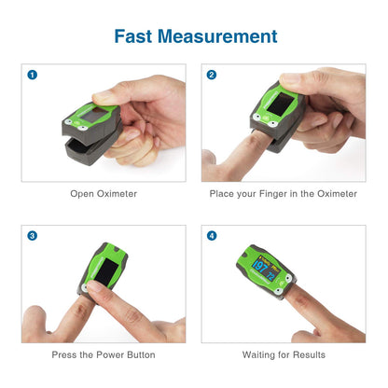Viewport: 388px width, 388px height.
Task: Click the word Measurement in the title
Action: (x=217, y=36)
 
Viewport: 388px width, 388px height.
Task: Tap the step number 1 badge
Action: (x=33, y=75)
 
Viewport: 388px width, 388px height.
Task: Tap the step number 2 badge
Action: (x=212, y=75)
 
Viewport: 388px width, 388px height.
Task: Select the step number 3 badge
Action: (x=33, y=235)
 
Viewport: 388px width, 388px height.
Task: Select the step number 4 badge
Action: (x=212, y=235)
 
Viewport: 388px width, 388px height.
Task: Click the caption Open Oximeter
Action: (x=104, y=194)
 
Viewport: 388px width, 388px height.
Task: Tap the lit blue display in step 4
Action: (x=263, y=275)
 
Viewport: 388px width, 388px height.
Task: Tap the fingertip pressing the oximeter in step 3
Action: (x=100, y=297)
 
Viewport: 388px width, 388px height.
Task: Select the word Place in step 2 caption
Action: (x=224, y=194)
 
